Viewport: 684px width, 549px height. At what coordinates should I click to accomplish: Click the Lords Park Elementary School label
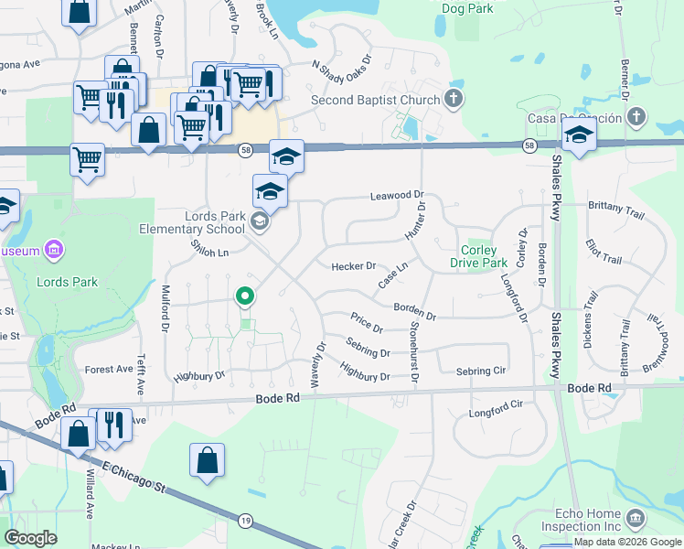(192, 221)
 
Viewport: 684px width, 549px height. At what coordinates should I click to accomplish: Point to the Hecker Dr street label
(353, 266)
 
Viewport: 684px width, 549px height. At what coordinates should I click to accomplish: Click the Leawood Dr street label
(398, 196)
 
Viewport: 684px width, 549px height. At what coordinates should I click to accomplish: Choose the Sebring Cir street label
(480, 371)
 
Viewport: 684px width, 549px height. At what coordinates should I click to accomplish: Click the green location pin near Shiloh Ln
(244, 296)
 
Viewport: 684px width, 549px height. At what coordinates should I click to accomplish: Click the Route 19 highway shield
(245, 520)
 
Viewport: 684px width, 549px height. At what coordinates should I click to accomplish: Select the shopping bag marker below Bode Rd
(207, 460)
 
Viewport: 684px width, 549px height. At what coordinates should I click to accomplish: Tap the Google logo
(31, 538)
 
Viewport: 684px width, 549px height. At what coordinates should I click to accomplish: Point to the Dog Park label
(466, 8)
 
